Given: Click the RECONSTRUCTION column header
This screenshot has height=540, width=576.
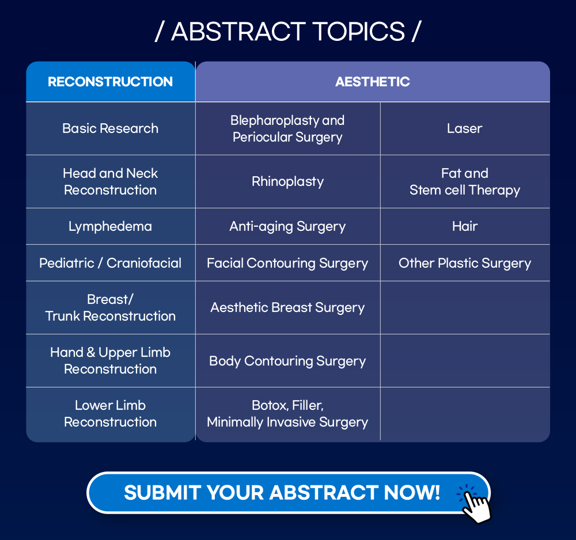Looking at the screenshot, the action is pos(110,82).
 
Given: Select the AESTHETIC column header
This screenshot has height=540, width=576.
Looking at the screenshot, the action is pos(373,82).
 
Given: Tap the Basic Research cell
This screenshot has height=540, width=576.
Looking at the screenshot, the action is pos(110,128).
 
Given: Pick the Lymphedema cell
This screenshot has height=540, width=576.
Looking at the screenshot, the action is pos(110,226).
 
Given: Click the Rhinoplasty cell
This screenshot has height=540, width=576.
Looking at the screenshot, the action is pos(287,181).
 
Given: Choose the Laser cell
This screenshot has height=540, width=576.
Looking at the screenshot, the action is pos(465,128).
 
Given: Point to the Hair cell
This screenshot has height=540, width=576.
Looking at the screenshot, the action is pos(465,226).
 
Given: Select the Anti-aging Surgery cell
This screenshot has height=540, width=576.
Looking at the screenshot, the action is pos(287,226).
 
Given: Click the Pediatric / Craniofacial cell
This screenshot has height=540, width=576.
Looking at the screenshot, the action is pos(110,263).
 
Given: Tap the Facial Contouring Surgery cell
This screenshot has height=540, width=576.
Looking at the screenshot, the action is pos(287,263).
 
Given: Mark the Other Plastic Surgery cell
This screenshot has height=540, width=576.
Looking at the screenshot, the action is pos(465,263).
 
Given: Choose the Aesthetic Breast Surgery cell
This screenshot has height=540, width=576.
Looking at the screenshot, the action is pos(287,307).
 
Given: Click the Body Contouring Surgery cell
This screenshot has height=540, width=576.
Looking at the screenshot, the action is pos(287,360).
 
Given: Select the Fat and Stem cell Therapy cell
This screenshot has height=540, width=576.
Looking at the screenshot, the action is pos(465,181).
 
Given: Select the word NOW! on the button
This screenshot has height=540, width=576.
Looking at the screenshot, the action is pos(412,492).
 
